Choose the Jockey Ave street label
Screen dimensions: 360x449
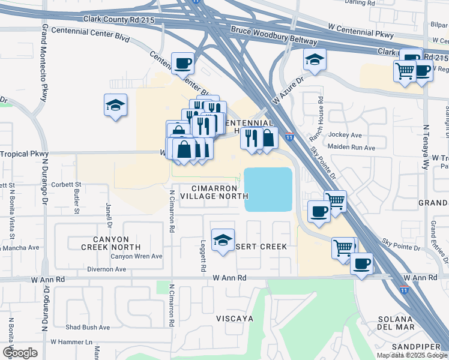point(345,135)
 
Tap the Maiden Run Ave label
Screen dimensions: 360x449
point(351,147)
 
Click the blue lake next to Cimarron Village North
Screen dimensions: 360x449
point(268,189)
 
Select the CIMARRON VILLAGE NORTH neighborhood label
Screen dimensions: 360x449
point(214,191)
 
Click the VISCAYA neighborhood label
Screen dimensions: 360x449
point(234,317)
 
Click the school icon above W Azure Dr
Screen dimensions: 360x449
point(315,59)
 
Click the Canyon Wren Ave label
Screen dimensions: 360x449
point(136,256)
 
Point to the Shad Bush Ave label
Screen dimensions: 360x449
point(88,327)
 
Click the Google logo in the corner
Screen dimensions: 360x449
point(20,352)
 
